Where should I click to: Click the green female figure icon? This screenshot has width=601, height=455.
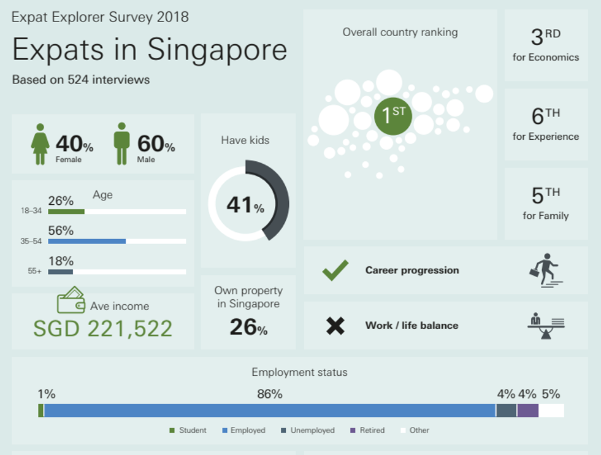point(40,144)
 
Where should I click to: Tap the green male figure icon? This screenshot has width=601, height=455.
point(122,143)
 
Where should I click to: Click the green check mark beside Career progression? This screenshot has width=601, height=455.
point(335,270)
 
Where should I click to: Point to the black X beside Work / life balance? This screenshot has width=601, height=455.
point(335,326)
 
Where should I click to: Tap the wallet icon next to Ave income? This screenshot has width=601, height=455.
point(71,300)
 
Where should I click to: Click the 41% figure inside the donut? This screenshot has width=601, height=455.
point(245,205)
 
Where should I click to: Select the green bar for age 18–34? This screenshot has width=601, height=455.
point(66,212)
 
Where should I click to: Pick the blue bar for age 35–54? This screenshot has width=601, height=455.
point(86,242)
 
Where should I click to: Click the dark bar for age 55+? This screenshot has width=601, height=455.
point(60,272)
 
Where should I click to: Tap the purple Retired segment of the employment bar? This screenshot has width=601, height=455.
point(527,411)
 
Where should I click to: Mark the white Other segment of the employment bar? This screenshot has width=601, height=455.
point(551,411)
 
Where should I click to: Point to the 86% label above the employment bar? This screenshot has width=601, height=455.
point(270,394)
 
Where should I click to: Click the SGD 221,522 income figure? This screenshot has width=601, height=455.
point(103,329)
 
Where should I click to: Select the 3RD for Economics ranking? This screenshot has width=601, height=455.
point(546,45)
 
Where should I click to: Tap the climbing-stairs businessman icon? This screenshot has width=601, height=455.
point(545,270)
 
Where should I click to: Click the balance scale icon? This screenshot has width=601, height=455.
point(545,326)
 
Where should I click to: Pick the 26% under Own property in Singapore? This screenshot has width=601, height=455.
point(248,327)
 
